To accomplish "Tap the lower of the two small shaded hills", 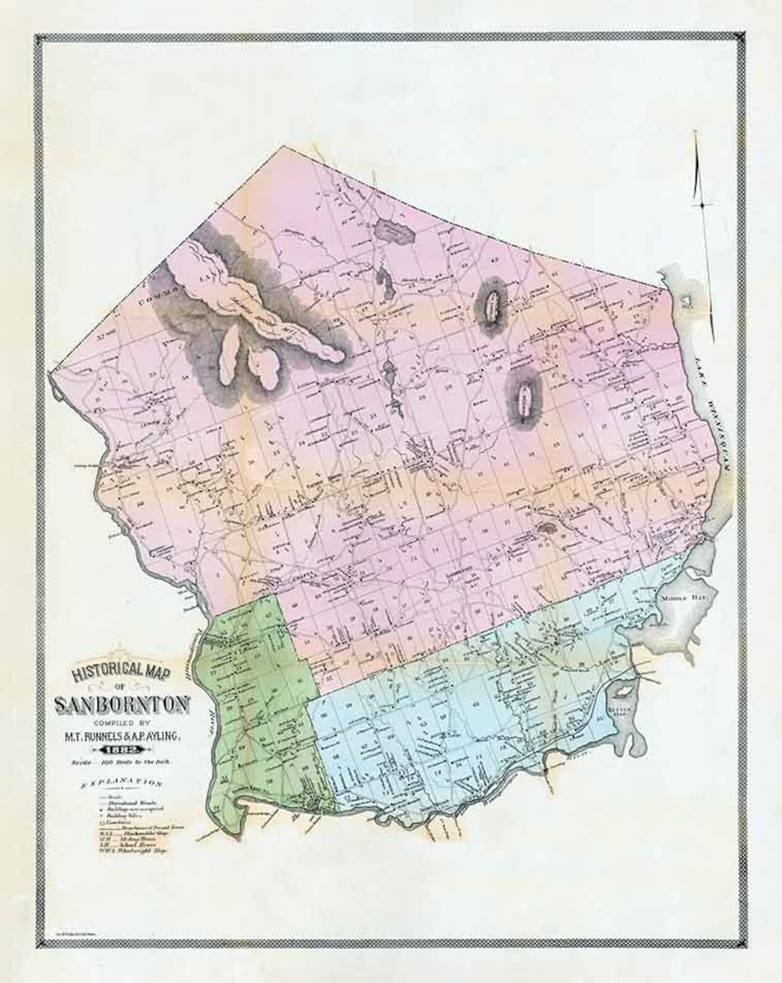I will click(x=523, y=395).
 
